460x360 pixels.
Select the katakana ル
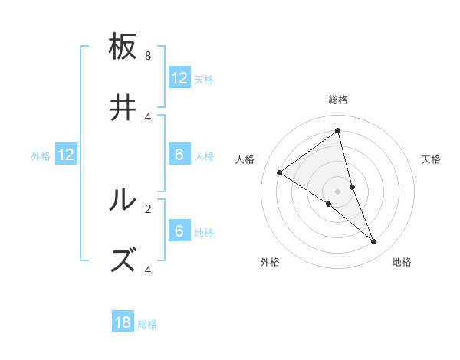tap(124, 201)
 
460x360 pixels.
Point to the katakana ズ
tap(124, 260)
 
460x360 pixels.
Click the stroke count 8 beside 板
tap(148, 56)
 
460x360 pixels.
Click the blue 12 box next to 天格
tap(179, 78)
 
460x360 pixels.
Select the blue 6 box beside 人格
tap(179, 155)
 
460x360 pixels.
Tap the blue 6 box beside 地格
tap(179, 231)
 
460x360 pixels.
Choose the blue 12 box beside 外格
tap(66, 155)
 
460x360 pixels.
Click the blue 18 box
tap(123, 322)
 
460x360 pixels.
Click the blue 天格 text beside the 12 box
tap(204, 80)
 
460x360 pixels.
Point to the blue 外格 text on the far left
tap(41, 156)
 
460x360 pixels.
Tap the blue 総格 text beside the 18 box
tap(147, 324)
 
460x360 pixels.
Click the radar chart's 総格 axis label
tap(338, 100)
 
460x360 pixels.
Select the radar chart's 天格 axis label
tap(431, 159)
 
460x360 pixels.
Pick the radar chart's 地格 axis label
tap(402, 262)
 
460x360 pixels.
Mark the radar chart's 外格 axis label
tap(270, 262)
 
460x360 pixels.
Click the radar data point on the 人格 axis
tap(279, 172)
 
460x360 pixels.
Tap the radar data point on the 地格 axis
tap(374, 242)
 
